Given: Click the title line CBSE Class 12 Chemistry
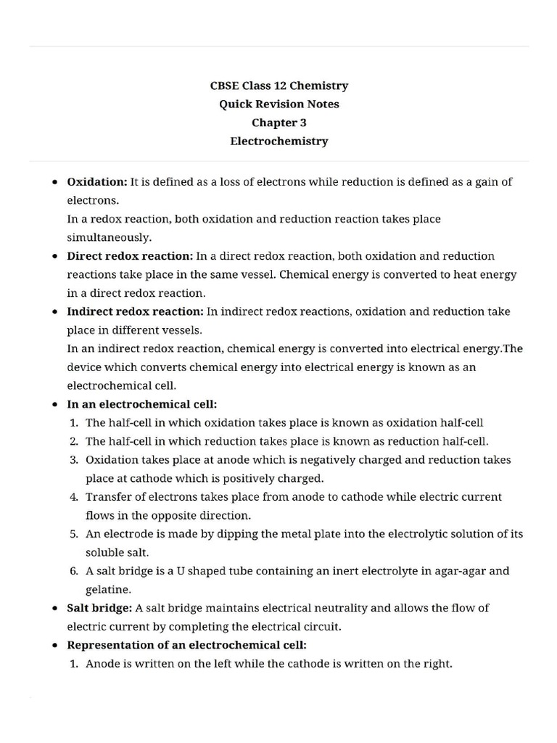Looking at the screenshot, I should point(278,86).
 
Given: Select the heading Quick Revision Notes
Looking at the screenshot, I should point(278,104).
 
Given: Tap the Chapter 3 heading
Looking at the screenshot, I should point(278,123).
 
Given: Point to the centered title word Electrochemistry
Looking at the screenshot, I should point(278,141).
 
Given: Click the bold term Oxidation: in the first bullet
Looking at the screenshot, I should point(97,181).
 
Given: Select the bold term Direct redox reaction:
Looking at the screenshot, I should point(130,256).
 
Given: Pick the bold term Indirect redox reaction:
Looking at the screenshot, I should point(135,311).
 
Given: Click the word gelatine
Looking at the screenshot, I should point(108,589).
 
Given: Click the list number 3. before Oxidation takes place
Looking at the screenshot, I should point(74,460).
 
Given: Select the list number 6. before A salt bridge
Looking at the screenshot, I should point(74,571).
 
